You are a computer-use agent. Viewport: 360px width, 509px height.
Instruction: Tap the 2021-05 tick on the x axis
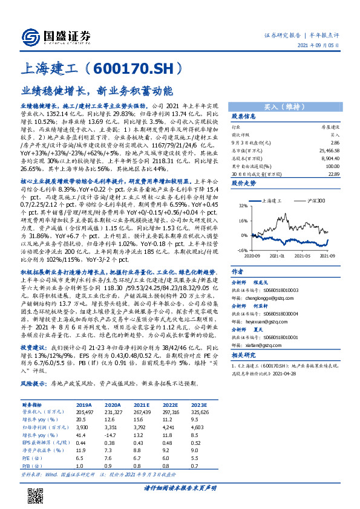301,256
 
